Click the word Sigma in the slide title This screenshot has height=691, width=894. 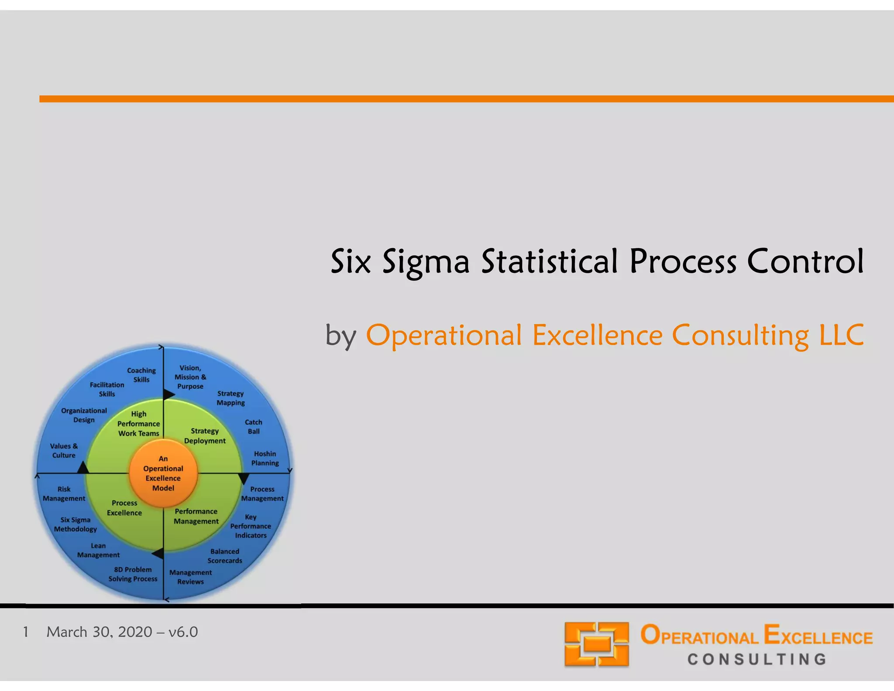pos(426,262)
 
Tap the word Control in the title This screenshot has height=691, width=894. pos(805,262)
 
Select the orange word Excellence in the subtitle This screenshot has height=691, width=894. pos(597,335)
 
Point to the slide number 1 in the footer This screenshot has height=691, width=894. pos(26,632)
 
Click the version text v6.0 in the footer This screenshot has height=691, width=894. pos(183,632)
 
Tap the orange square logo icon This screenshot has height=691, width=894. pos(596,644)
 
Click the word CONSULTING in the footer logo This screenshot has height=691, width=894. pos(756,659)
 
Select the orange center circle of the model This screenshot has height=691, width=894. pos(163,473)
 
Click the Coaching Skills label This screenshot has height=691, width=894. pos(141,375)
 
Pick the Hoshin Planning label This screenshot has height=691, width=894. pos(265,458)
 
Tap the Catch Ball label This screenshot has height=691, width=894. pos(254,426)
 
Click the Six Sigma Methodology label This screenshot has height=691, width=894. pos(76,524)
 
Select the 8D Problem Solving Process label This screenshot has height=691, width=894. pos(133,574)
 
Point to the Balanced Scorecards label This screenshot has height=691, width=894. pos(225,556)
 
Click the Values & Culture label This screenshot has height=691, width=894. pos(64,450)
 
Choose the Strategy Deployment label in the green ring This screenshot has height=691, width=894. pos(205,435)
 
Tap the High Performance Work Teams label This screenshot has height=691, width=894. pos(139,423)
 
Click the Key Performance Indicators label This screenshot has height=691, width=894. pos(251,526)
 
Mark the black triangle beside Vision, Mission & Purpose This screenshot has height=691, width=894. pos(168,394)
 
